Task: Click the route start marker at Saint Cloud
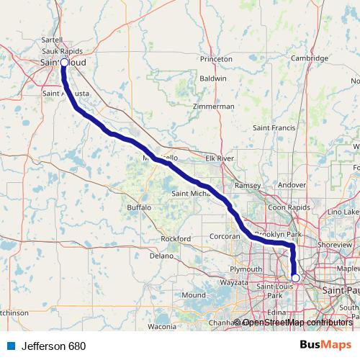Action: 64,63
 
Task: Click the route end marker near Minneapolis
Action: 295,277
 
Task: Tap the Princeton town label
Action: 216,58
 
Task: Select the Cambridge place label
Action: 310,58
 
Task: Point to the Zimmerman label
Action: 214,106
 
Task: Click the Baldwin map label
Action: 213,78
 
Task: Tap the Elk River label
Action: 220,158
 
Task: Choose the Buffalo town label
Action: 139,207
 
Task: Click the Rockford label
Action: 176,238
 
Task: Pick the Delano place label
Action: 161,256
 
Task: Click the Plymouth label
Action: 240,269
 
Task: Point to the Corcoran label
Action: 224,235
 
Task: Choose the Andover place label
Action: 292,185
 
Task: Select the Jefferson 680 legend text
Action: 53,346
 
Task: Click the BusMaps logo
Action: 325,345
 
